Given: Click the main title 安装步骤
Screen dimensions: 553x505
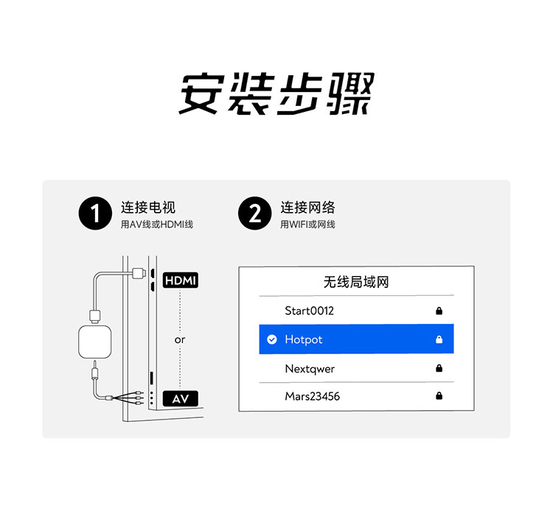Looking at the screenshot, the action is coord(276,93).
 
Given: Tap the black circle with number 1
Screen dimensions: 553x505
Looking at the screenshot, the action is coord(95,214).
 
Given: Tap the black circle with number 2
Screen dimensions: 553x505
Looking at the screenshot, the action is coord(254,214).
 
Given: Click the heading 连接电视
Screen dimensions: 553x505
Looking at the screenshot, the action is coord(148,208).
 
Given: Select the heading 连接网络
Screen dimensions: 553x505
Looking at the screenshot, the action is coord(307,208).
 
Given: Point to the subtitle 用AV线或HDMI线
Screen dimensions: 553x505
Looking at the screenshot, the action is coord(157,225).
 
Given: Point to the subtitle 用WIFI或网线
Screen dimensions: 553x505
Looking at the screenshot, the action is coord(307,225).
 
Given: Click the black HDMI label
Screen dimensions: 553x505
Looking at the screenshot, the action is coord(181,280).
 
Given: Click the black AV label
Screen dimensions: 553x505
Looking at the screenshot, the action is coord(181,398).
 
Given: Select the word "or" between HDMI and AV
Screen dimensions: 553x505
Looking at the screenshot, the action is coord(180,340).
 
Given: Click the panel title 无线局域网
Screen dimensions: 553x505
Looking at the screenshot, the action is coord(356,282).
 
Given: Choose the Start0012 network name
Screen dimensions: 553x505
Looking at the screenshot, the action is coord(309,311).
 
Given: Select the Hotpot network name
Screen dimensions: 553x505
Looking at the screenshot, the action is coord(304,339).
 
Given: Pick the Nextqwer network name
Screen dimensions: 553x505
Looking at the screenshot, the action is coord(310,368).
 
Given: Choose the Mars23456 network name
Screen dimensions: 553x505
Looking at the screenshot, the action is coord(313,396).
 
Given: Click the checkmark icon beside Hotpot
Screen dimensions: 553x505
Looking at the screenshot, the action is coord(271,339).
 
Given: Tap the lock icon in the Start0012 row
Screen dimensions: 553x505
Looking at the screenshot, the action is coord(439,311).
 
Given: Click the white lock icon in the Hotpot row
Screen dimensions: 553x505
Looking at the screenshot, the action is coord(439,339).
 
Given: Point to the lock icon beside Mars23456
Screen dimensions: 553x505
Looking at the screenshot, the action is coord(439,396).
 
